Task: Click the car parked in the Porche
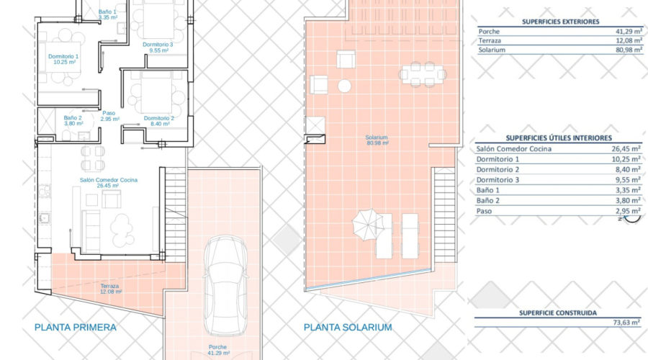tap(225, 285)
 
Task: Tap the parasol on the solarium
tap(366, 224)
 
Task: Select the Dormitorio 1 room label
tap(63, 59)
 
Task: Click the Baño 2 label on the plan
tap(73, 121)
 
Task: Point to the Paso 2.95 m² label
tap(109, 116)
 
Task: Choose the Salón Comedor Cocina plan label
tap(108, 183)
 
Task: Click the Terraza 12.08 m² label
tap(110, 289)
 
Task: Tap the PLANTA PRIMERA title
tap(75, 328)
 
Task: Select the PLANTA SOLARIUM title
tap(348, 328)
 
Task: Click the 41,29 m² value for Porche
tap(629, 32)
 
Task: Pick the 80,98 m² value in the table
tap(629, 50)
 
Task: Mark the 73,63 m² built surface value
tap(626, 323)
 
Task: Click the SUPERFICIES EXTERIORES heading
tap(560, 22)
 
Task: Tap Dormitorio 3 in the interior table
tap(498, 180)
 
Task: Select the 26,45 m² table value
tap(626, 149)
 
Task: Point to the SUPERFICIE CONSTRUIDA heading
tap(558, 313)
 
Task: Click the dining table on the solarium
tap(423, 75)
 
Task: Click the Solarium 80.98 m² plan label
tap(377, 140)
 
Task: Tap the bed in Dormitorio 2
tap(156, 92)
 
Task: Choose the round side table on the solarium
tap(344, 86)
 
